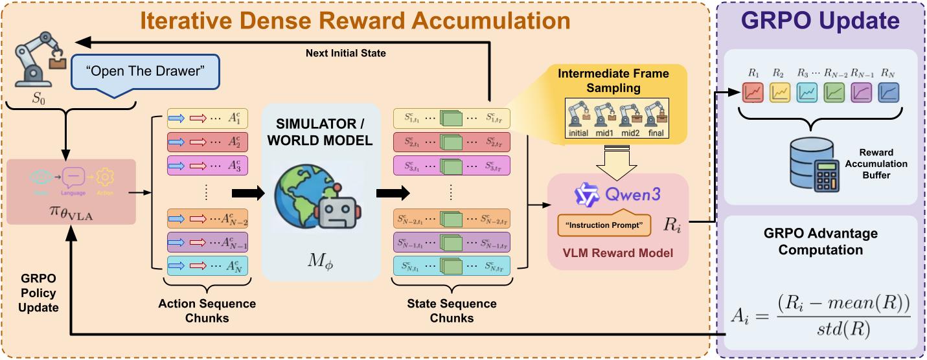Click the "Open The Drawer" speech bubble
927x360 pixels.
[144, 72]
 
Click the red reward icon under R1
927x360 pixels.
[754, 92]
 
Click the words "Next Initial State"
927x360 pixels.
[346, 52]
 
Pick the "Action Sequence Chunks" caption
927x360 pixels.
[207, 311]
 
